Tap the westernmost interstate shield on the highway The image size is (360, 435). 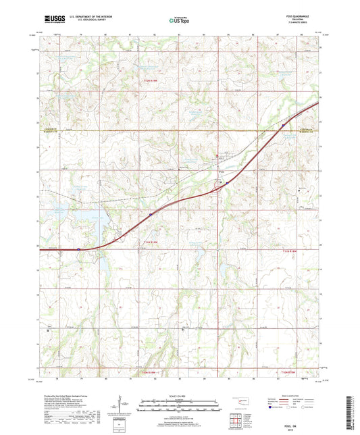pyautogui.click(x=78, y=249)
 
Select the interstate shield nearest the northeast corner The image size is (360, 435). pyautogui.click(x=282, y=124)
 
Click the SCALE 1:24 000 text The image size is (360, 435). pyautogui.click(x=179, y=396)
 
